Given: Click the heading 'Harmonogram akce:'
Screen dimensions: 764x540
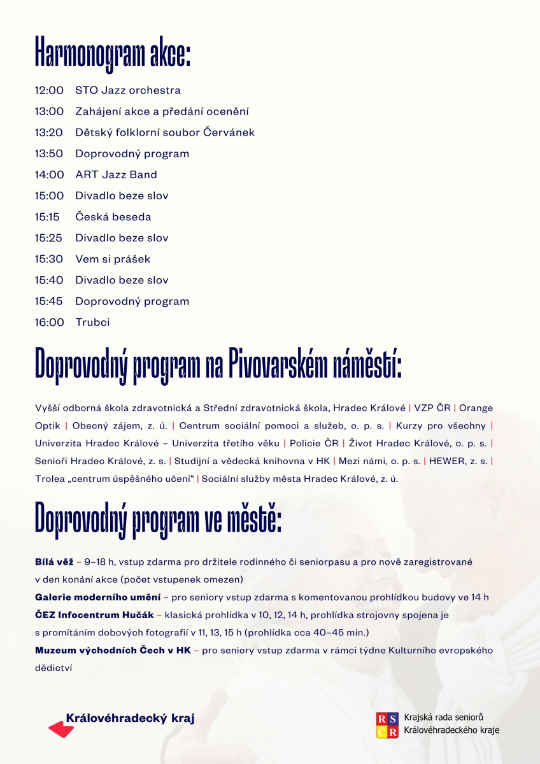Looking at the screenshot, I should pyautogui.click(x=113, y=52).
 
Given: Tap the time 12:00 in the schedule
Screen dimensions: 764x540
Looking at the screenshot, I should pyautogui.click(x=49, y=90).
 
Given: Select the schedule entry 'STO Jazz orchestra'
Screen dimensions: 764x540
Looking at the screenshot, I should pyautogui.click(x=127, y=90).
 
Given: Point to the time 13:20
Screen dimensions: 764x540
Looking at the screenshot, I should pyautogui.click(x=49, y=132).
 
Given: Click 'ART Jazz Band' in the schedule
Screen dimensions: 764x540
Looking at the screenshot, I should pyautogui.click(x=116, y=174).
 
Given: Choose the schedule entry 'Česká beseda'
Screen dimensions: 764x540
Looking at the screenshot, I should pyautogui.click(x=113, y=216).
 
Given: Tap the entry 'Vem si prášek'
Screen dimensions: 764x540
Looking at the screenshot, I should pyautogui.click(x=113, y=259).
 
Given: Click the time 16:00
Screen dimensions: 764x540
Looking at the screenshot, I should pyautogui.click(x=49, y=322).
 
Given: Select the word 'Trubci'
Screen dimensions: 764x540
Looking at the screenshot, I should pyautogui.click(x=92, y=322).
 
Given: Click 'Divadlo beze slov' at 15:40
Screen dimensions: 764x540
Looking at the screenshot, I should pyautogui.click(x=122, y=280).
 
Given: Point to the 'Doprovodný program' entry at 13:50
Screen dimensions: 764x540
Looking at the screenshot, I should pyautogui.click(x=132, y=153).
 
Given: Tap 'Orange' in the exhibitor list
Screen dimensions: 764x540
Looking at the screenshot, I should pyautogui.click(x=476, y=407).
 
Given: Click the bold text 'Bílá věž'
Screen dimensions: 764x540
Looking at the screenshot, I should pyautogui.click(x=53, y=562).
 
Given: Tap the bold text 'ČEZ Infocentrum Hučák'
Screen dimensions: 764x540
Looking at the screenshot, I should pyautogui.click(x=94, y=615).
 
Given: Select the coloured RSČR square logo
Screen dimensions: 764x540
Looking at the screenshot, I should pyautogui.click(x=388, y=725).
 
